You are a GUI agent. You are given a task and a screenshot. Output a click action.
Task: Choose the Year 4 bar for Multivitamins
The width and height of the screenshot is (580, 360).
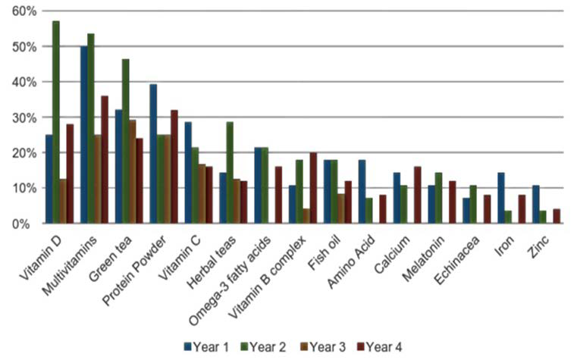105,160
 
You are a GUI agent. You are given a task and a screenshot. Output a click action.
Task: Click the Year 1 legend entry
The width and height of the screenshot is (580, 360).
206,346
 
